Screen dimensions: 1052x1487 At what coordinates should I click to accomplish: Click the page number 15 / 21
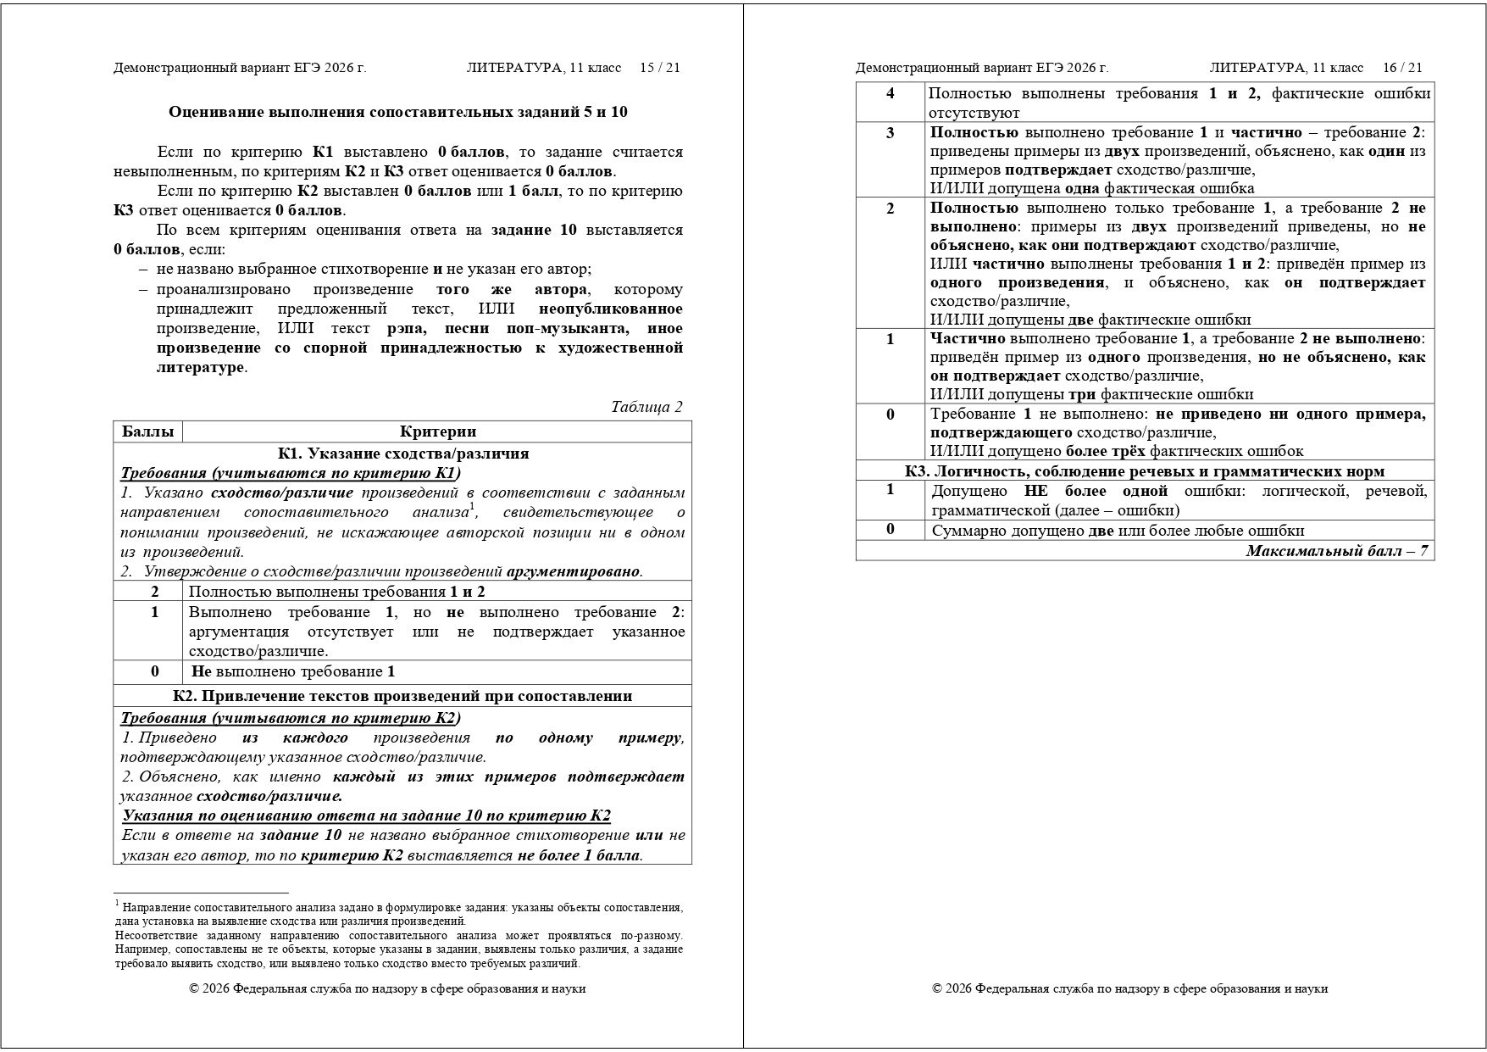click(659, 68)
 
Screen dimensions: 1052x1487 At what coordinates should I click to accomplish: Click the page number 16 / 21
click(1402, 68)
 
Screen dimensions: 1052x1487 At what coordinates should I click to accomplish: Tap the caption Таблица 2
click(646, 407)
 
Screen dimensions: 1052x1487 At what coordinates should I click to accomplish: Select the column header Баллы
click(147, 431)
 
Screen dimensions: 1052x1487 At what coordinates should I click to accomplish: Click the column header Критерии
click(437, 431)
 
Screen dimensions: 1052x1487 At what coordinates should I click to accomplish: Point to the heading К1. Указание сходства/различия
click(402, 454)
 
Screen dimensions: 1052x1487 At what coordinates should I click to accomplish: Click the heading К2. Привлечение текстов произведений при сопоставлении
click(402, 696)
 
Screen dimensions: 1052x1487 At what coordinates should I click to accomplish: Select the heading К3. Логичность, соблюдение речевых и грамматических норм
click(1144, 471)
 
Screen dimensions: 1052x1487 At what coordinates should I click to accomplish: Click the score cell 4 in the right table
click(890, 93)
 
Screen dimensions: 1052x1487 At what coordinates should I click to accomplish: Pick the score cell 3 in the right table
click(890, 133)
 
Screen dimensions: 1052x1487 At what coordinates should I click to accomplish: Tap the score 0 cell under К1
click(154, 671)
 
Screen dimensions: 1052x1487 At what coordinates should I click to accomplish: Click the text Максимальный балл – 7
click(1336, 551)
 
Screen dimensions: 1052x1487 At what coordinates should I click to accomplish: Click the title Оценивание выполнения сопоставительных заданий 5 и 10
click(397, 112)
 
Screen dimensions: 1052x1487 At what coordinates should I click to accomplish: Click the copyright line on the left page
click(387, 988)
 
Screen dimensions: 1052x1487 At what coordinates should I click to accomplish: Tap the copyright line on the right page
click(1129, 988)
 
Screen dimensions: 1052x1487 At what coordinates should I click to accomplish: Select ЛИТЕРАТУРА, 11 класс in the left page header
click(543, 68)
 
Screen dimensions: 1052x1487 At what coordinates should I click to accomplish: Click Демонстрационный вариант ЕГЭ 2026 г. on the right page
click(981, 68)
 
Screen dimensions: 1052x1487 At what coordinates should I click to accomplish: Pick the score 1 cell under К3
click(890, 490)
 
